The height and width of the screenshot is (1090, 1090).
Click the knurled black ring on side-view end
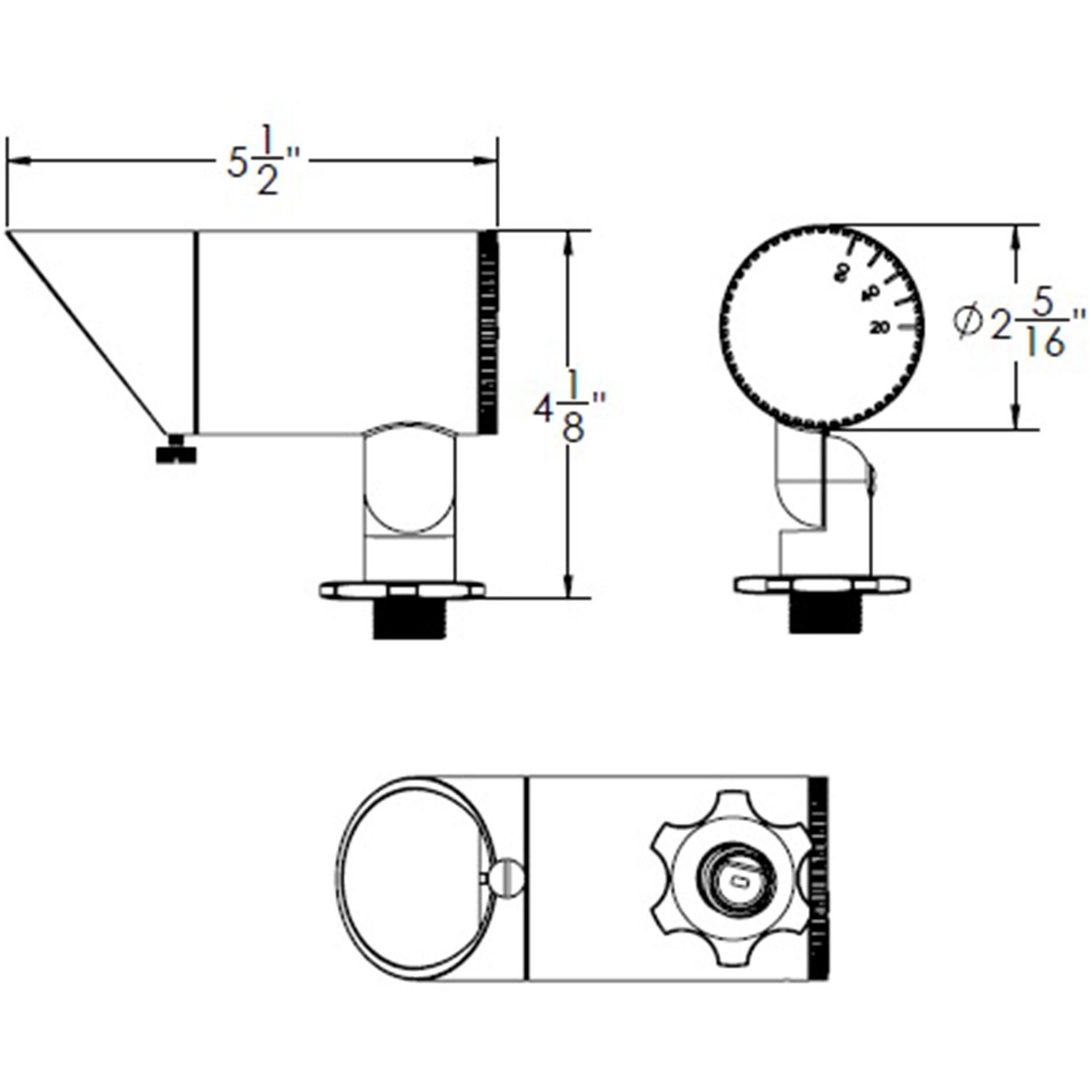click(x=489, y=332)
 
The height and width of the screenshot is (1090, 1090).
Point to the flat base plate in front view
click(x=822, y=584)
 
